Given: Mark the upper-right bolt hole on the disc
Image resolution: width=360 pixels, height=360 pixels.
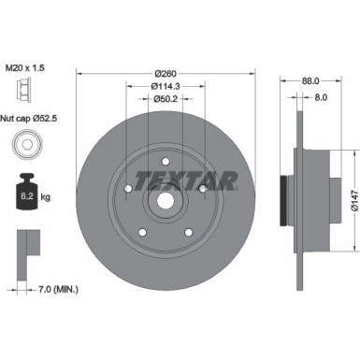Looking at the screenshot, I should [200, 190].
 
